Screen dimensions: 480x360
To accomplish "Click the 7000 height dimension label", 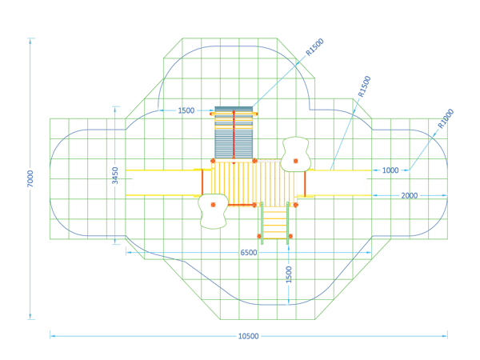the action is [30, 178].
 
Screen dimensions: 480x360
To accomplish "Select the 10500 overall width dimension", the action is [248, 336].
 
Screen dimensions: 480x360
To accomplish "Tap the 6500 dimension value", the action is [249, 253].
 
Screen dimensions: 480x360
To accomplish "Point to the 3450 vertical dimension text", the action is [114, 175].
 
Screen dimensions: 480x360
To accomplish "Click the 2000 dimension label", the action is [410, 196].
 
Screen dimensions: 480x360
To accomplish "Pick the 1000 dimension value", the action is [390, 170].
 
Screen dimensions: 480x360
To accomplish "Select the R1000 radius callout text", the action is [446, 118].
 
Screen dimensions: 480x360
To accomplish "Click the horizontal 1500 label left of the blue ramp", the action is [186, 110].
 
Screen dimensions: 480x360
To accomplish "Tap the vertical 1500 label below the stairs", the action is [289, 274].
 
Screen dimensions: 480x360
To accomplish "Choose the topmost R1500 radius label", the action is [314, 47].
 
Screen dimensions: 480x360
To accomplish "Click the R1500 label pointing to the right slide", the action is [364, 86].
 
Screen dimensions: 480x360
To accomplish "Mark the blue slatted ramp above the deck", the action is [234, 133].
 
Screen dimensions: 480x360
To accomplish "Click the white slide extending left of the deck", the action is [164, 182].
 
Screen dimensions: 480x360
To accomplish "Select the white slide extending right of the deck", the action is [338, 182].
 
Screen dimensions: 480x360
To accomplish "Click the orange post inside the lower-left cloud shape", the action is [213, 205].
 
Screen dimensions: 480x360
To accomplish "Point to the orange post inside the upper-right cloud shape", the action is [296, 161].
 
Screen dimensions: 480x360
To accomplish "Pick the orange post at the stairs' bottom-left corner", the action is [259, 236].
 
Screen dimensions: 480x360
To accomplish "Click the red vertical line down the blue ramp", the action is [234, 137].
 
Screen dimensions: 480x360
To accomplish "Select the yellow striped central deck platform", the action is [254, 183].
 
